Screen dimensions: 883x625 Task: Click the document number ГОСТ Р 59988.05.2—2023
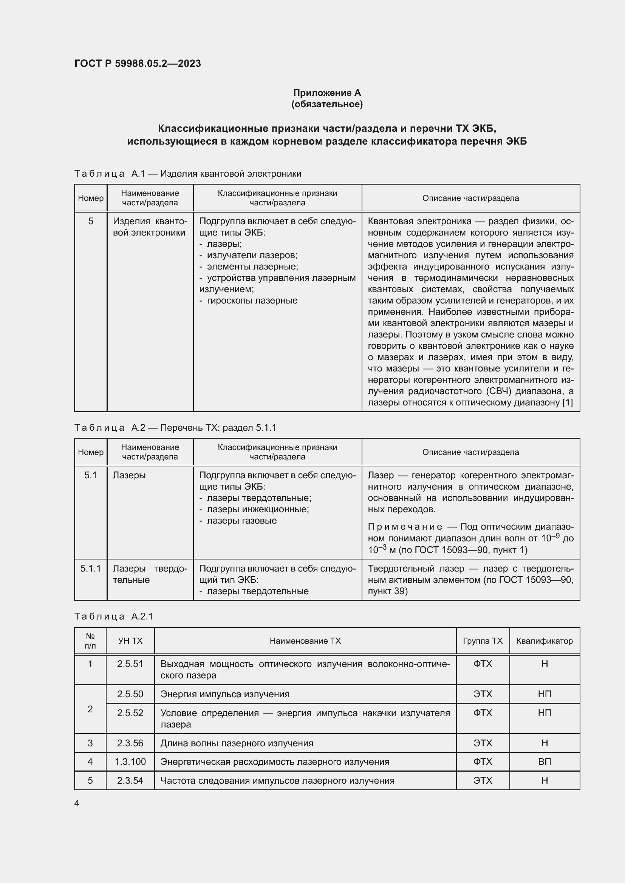tap(138, 63)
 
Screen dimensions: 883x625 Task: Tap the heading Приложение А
tap(327, 93)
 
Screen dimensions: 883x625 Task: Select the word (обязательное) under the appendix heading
tap(327, 104)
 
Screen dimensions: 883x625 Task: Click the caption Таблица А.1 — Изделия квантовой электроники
tap(187, 174)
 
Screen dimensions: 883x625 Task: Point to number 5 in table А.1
tap(90, 221)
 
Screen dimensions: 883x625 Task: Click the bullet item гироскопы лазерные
tap(252, 301)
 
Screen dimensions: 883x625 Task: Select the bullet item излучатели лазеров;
tap(252, 255)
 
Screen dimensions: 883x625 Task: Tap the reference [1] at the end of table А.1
tap(568, 403)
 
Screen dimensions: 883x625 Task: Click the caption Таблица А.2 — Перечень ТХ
tap(175, 428)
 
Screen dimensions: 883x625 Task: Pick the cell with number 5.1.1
tap(90, 569)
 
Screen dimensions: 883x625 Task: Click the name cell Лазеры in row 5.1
tap(129, 475)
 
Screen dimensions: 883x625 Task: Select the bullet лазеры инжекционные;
tap(258, 510)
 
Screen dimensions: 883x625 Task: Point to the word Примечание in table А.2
tap(405, 527)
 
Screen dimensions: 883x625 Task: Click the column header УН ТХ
tap(130, 641)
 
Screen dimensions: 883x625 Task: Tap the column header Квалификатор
tap(544, 641)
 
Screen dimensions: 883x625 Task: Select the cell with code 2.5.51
tap(130, 664)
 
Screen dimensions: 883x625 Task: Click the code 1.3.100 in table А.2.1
tap(130, 762)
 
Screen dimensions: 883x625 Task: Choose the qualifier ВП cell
tap(544, 762)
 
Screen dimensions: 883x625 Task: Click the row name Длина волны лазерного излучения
tap(236, 743)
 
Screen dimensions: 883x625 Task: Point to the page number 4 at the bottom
tap(77, 803)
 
